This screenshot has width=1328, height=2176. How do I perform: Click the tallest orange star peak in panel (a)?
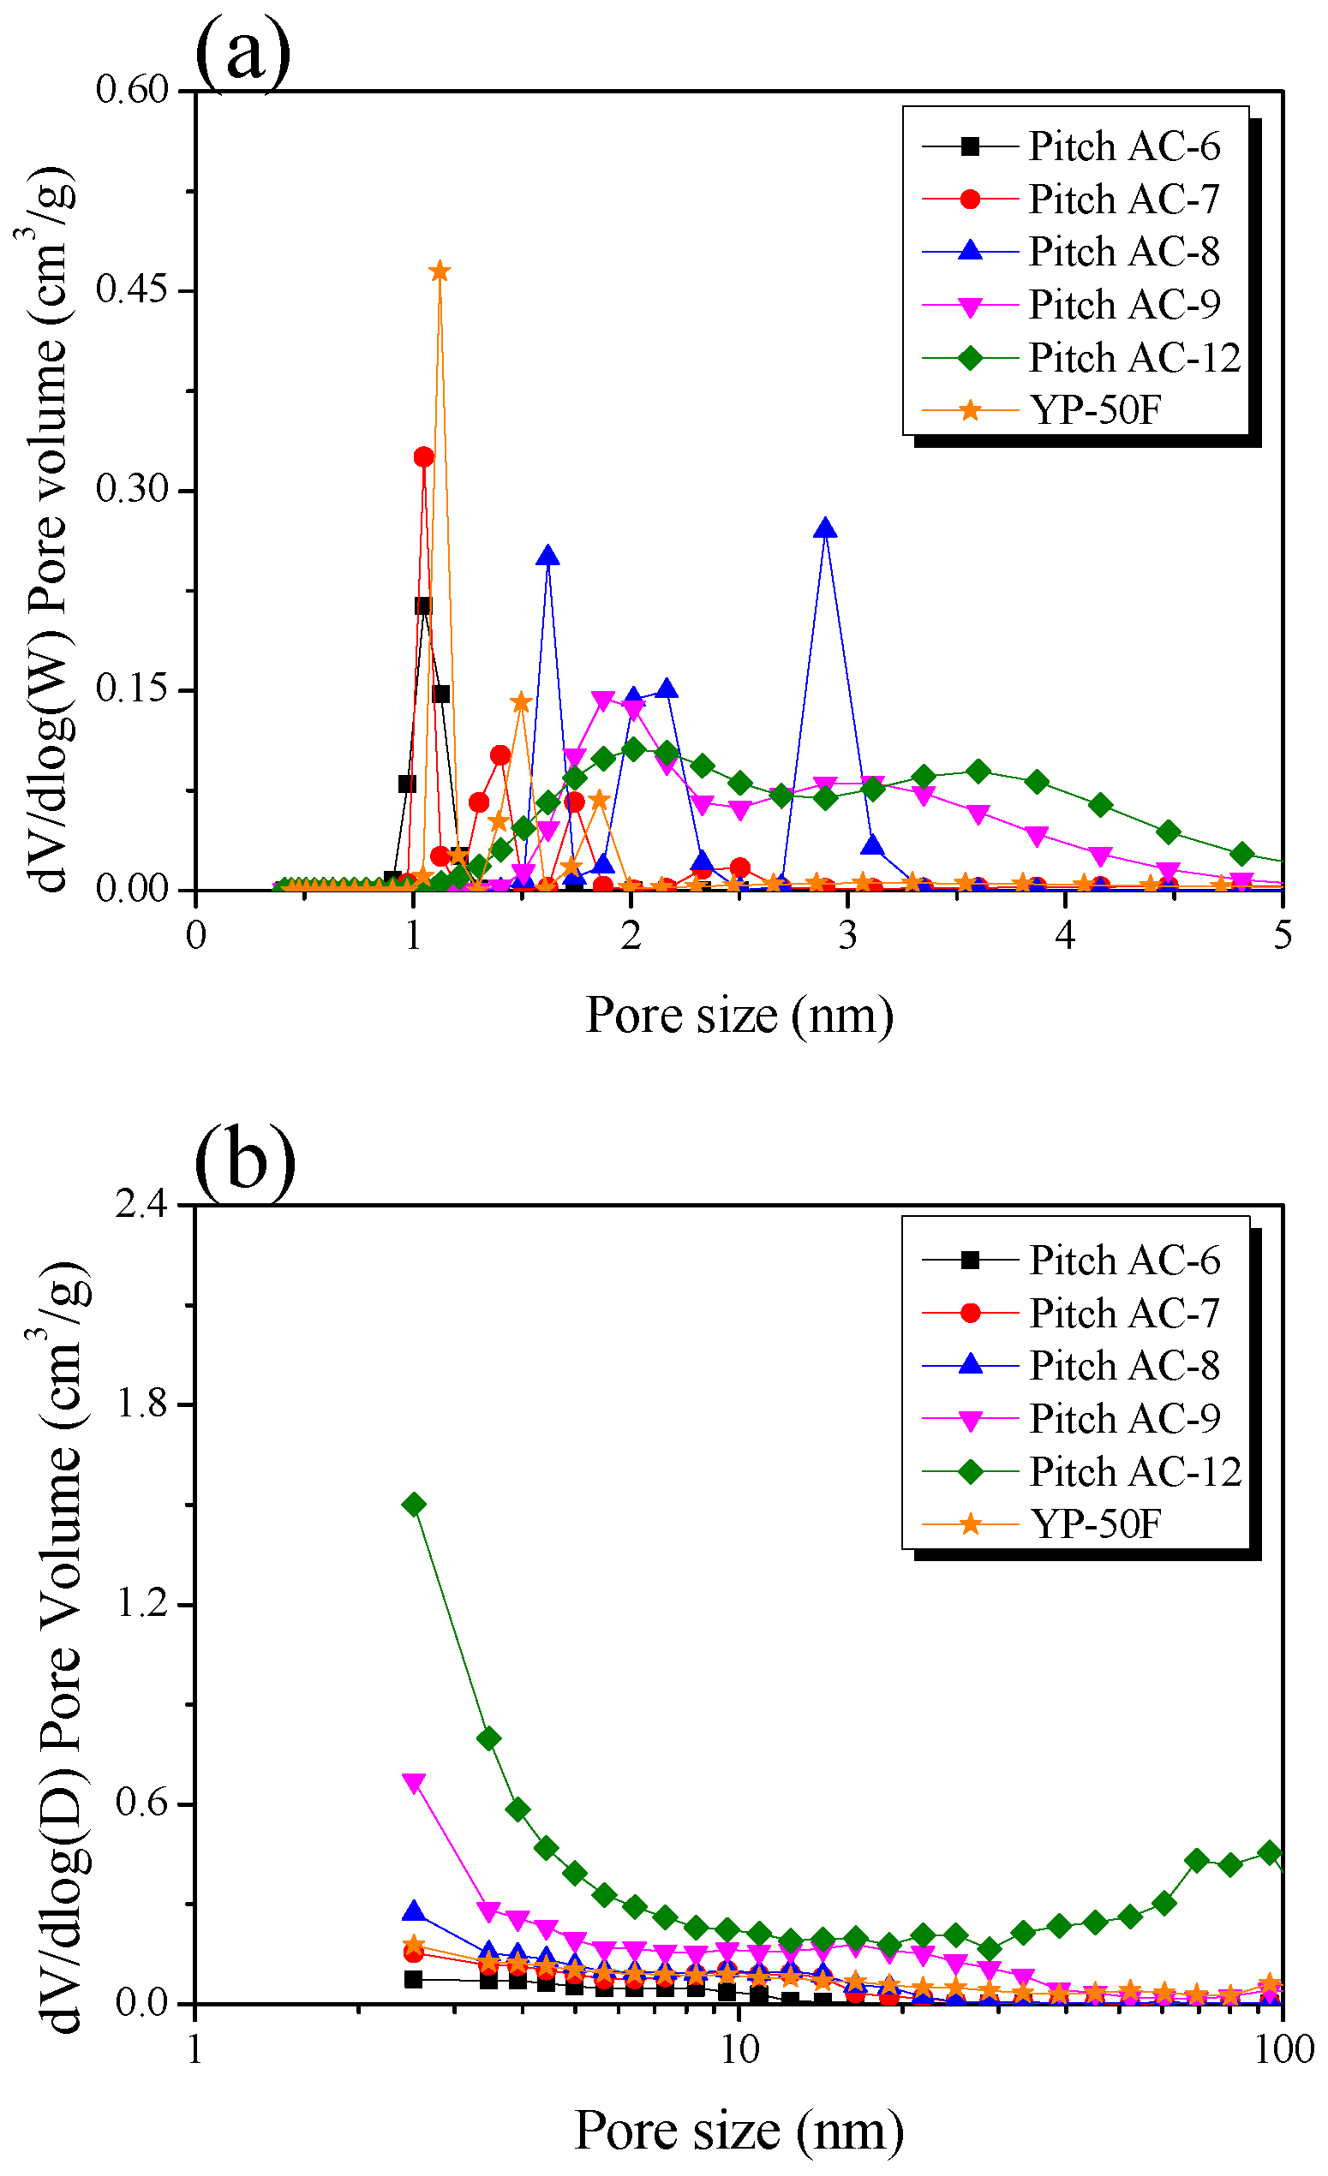[440, 271]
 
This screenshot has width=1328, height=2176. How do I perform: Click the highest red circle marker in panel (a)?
[424, 456]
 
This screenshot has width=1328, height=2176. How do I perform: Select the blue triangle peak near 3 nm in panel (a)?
[825, 529]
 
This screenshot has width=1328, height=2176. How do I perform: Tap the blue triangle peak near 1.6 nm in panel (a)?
[547, 556]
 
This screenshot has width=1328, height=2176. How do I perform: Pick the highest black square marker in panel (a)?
[422, 605]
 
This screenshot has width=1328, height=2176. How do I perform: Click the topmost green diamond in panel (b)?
[414, 1504]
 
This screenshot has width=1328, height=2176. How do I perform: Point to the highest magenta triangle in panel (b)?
[414, 1782]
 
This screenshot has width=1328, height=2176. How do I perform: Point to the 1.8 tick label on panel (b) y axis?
[141, 1404]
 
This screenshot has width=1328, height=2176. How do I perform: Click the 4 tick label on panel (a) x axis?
[1065, 935]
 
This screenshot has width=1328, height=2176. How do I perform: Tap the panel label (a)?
[242, 51]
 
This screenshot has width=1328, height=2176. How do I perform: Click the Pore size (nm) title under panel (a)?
[739, 1016]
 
